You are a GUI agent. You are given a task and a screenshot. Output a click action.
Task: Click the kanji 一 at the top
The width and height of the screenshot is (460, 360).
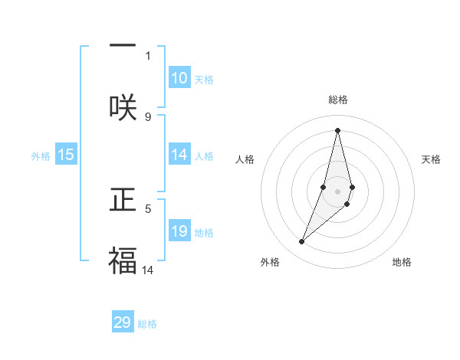coord(123,45)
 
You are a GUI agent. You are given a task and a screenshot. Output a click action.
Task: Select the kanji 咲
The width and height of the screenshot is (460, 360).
coord(123,107)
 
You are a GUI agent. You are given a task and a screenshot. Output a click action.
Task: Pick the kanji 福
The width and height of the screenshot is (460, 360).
coord(123,260)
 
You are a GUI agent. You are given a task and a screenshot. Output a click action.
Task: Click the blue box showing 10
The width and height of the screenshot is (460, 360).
coord(179,78)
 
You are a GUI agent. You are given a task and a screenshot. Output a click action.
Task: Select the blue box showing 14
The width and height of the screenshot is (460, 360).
coord(179,155)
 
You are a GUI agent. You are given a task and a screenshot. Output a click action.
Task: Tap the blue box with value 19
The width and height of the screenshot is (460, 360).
coord(179,231)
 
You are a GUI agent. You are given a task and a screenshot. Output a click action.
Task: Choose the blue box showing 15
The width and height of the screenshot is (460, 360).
coord(66,155)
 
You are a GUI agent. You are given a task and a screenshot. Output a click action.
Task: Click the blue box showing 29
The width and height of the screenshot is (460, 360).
coord(123,322)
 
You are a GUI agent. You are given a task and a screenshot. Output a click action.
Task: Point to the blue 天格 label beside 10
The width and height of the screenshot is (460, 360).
coord(204,80)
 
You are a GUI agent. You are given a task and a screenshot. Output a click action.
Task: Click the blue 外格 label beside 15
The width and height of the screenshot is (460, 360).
coord(41,156)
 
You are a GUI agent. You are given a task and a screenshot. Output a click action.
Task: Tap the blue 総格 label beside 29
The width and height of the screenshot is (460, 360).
coord(147,324)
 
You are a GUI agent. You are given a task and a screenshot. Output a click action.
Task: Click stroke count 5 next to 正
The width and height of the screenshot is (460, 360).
coord(148,208)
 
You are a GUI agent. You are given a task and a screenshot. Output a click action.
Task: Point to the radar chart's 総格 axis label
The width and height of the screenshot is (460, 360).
coord(338,100)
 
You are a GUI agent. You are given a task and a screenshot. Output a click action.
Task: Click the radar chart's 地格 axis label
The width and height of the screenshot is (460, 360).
coord(402,262)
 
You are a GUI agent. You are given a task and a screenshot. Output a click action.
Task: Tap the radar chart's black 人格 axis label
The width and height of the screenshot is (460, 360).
coord(245,159)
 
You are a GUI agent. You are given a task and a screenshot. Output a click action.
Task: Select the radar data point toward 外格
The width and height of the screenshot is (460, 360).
coord(302,242)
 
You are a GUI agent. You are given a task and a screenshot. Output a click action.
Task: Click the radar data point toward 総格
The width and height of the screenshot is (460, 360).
coord(337,129)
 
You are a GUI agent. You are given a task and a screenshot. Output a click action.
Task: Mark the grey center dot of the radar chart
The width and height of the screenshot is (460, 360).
coord(338,191)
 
